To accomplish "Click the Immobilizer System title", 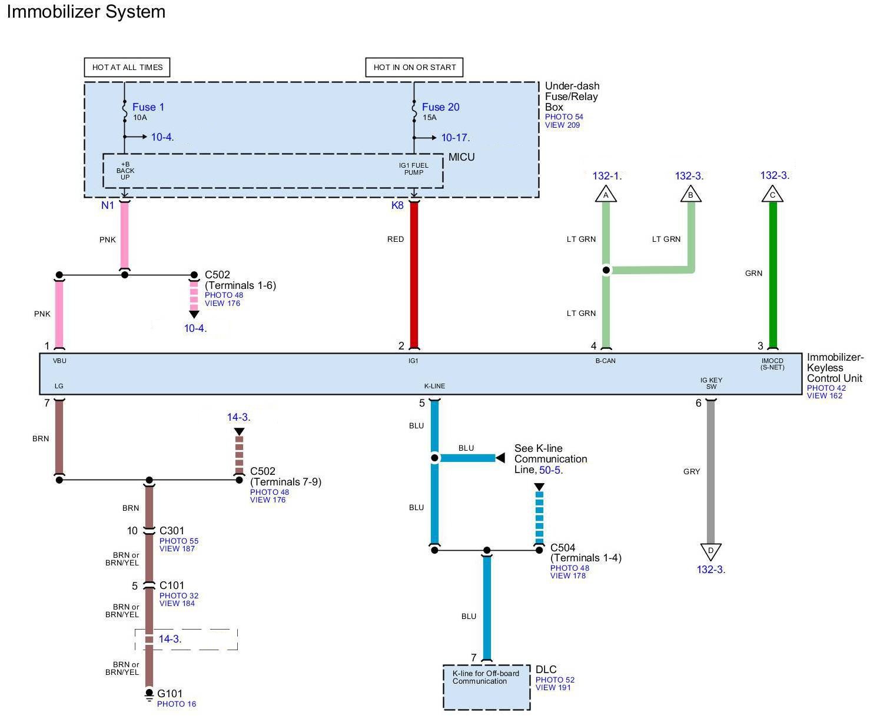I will [x=86, y=12].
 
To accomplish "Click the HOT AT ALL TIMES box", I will [x=127, y=67].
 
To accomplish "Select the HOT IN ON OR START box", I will [x=414, y=67].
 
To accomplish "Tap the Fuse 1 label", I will [x=148, y=107].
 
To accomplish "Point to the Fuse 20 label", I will [x=440, y=107].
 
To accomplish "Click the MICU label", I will [x=461, y=157].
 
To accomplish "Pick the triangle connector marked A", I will [x=606, y=194].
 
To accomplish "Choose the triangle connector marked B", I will [x=691, y=194].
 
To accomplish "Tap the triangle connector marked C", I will [x=773, y=194].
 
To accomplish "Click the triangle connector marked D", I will [x=711, y=551].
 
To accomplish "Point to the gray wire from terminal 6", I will [x=711, y=471].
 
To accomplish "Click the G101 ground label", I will [x=170, y=694].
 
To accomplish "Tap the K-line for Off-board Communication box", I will [x=486, y=687].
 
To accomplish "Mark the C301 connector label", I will [x=172, y=531].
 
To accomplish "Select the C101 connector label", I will [x=172, y=585].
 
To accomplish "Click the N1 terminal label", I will [x=107, y=205].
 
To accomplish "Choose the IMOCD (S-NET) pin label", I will [x=772, y=364].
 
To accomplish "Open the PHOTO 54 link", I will [x=564, y=117].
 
